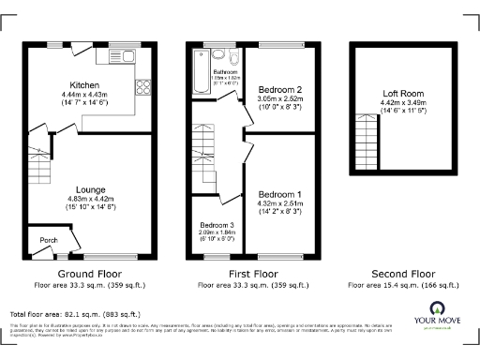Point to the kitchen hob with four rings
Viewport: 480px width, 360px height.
coord(145,89)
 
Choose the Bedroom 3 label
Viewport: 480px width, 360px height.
coord(217,225)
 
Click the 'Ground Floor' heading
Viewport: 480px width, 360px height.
coord(91,274)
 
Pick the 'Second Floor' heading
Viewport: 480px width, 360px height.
coord(403,274)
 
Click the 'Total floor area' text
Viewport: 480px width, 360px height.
coord(75,313)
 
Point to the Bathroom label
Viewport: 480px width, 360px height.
coord(226,71)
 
